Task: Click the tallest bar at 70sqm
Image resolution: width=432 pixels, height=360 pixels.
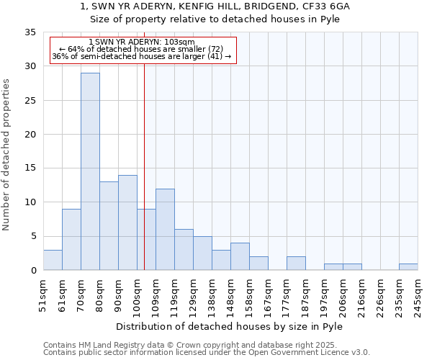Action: [90, 171]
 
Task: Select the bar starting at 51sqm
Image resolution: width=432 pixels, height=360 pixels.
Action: [53, 260]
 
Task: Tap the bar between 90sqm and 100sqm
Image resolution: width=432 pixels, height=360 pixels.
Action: [127, 222]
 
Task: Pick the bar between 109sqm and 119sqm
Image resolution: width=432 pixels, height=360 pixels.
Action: [165, 230]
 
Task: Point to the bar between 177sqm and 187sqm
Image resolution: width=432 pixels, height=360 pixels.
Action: [296, 264]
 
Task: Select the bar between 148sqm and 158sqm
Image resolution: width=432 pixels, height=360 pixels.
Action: [240, 257]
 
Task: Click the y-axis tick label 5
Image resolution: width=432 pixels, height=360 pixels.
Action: [32, 237]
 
